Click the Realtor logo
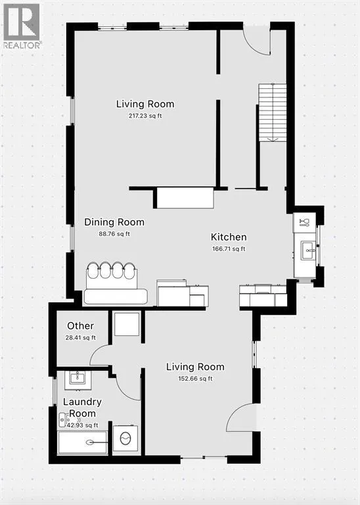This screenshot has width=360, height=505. [22, 26]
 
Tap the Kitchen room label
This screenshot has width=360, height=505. [229, 237]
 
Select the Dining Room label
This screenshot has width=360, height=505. [114, 222]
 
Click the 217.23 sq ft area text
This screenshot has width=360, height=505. [145, 116]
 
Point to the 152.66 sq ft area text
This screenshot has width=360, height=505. [195, 379]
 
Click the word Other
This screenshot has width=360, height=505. [80, 326]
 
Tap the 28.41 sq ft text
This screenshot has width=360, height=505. [80, 338]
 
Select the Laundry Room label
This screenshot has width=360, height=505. [82, 408]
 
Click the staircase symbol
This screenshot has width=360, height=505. [273, 112]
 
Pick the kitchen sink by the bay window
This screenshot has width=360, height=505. [309, 251]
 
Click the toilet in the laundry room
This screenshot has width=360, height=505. [63, 420]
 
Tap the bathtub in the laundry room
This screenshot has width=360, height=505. [82, 443]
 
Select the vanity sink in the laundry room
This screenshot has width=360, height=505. [78, 380]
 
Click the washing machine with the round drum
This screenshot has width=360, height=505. [125, 439]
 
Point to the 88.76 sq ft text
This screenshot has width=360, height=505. [114, 234]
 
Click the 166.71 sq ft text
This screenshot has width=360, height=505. [229, 249]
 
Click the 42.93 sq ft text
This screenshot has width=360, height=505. [82, 425]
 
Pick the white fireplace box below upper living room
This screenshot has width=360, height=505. [185, 198]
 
